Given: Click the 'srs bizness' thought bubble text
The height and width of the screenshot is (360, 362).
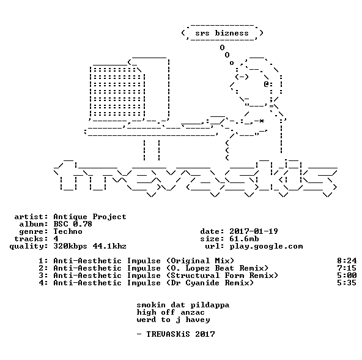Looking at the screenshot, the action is tap(222, 33).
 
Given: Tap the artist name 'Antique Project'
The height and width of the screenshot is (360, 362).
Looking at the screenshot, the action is tap(90, 217).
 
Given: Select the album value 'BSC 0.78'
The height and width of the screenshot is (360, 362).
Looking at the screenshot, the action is tap(73, 224).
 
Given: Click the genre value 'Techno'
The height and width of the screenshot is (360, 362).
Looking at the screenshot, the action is tap(68, 231).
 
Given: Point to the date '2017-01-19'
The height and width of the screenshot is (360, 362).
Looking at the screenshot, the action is tap(254, 231).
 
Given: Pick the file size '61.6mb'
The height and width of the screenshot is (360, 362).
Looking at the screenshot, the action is tap(244, 239).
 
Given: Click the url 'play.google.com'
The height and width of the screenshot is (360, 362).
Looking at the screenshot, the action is tap(266, 247).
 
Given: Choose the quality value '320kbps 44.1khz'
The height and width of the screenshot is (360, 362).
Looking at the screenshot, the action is tap(90, 247).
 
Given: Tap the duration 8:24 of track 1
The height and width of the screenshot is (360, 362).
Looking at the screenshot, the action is tap(347, 261).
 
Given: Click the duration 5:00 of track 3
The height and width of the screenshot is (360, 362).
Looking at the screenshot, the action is tap(347, 276).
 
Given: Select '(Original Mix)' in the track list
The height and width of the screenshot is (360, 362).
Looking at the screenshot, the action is tap(200, 261).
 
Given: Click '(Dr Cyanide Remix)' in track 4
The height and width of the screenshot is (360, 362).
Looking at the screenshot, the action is tap(210, 283).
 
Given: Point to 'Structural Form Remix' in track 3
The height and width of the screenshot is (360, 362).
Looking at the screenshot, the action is tap(222, 276).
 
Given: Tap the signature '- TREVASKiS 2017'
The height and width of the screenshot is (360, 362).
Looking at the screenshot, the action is tap(175, 334).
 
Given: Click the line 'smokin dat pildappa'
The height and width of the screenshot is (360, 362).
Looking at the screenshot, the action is tap(183, 305).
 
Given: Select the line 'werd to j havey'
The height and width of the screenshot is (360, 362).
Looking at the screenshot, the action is tap(174, 320).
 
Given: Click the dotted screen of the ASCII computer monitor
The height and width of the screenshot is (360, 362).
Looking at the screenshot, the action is tap(117, 92).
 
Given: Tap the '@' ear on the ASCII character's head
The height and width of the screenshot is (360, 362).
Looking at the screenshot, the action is tap(266, 84).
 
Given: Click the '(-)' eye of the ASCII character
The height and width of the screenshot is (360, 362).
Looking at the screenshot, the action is tap(242, 77).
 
